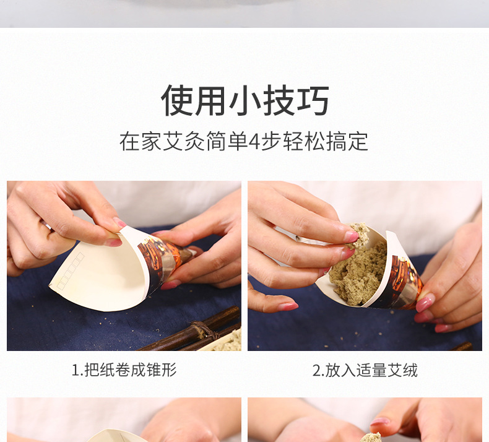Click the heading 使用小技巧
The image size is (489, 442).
[x=245, y=100]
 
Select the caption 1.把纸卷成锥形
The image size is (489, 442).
[x=124, y=370]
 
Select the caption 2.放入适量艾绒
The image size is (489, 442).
[x=365, y=370]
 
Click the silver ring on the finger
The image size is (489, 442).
[x=48, y=225]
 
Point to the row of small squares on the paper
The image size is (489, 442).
[x=71, y=271]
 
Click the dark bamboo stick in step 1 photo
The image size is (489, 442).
[x=187, y=332]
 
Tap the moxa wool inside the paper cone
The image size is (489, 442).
[x=358, y=280]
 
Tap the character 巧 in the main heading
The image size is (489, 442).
[x=313, y=100]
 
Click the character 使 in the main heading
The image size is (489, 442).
[x=177, y=100]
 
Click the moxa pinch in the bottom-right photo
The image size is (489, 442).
[x=371, y=437]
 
